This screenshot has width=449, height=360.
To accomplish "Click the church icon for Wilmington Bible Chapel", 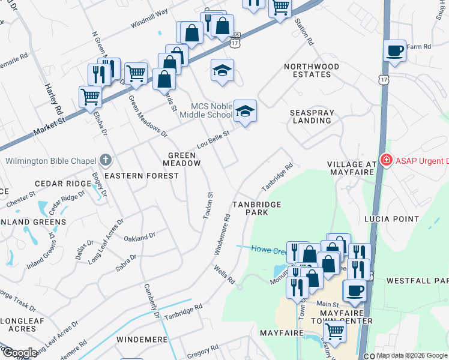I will pyautogui.click(x=106, y=160).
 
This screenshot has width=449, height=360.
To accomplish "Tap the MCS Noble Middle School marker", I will pyautogui.click(x=244, y=111).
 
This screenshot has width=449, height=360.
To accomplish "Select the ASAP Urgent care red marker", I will pyautogui.click(x=387, y=160).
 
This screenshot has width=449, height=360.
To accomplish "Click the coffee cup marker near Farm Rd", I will pyautogui.click(x=394, y=51).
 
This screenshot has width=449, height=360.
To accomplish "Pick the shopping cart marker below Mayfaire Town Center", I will pyautogui.click(x=334, y=331).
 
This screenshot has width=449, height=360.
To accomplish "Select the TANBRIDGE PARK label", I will pyautogui.click(x=258, y=208).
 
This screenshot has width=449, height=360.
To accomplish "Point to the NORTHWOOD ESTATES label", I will pyautogui.click(x=307, y=70).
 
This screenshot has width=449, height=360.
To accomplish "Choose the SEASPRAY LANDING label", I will pyautogui.click(x=310, y=116).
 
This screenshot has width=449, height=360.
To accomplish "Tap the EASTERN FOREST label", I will pyautogui.click(x=142, y=176).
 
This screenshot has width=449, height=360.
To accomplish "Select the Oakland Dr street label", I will pyautogui.click(x=139, y=238).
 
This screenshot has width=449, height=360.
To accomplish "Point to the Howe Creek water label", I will pyautogui.click(x=267, y=249).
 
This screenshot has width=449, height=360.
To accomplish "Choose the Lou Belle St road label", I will pyautogui.click(x=214, y=141).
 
